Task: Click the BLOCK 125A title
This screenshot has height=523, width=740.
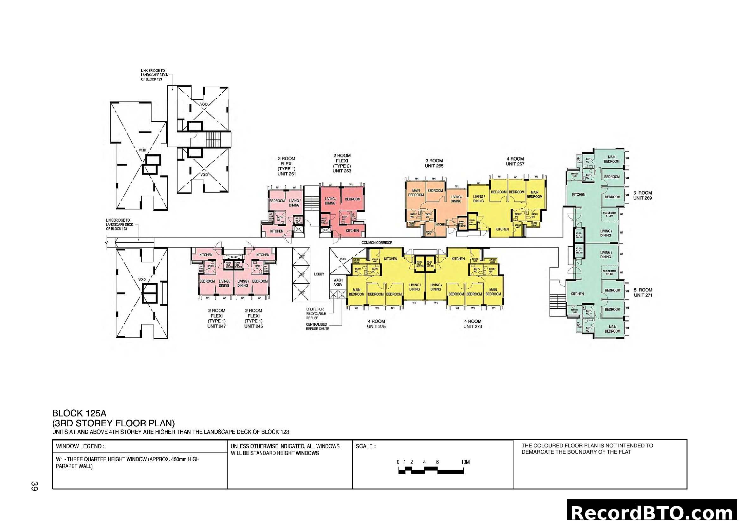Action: point(79,413)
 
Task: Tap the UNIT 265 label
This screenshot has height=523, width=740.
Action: point(434,166)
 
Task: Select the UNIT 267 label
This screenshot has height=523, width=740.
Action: point(515,164)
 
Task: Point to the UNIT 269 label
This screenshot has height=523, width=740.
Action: point(642,198)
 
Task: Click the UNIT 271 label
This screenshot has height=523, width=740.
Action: point(643,295)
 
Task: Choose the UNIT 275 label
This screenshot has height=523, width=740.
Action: point(376,326)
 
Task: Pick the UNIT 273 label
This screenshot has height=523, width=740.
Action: point(472,326)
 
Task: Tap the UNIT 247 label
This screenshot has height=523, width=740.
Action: point(216,326)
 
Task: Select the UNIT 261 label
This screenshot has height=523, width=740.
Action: point(286,174)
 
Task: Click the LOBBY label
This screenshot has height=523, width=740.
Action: point(319,274)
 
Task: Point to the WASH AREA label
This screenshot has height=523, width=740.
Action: point(338,282)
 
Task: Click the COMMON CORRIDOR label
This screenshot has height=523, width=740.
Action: point(376,243)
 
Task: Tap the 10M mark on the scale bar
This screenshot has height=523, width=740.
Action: point(465,462)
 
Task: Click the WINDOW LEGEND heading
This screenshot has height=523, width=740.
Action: point(80,446)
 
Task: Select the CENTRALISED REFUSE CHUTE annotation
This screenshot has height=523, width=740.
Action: point(317,327)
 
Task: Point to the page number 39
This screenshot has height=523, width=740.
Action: point(34,486)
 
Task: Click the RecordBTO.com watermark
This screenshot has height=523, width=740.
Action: point(653,513)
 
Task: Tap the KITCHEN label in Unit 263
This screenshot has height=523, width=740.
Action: point(352,231)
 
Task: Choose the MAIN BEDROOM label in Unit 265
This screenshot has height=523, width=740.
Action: point(416,193)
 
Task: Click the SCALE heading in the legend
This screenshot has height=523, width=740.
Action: point(365,446)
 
